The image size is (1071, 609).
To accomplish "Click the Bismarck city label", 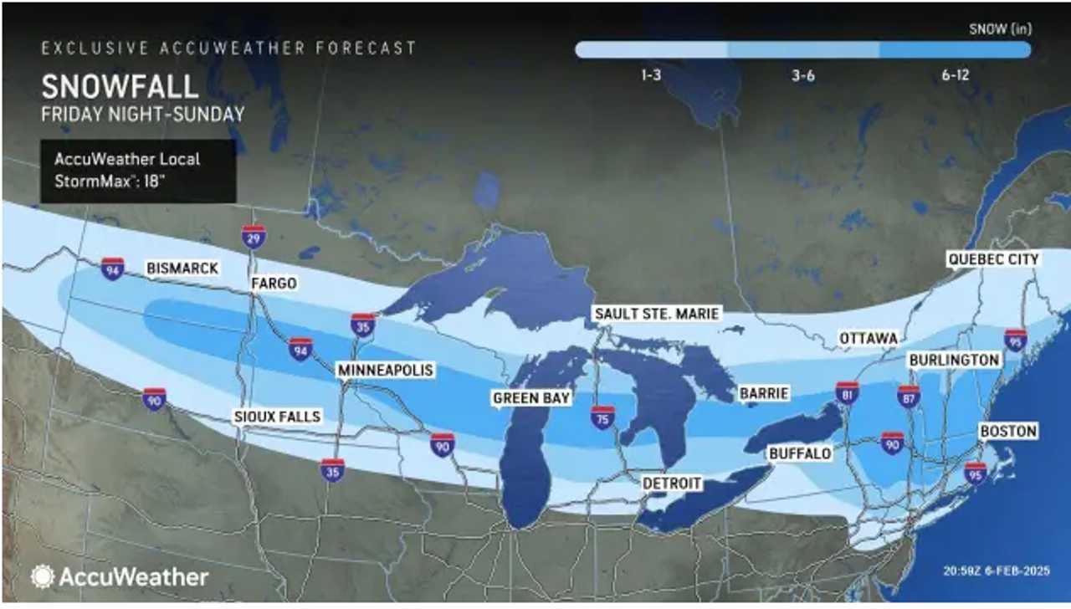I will click(182, 269).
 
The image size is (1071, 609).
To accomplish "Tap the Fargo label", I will click(274, 284).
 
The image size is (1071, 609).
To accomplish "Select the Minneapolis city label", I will click(385, 369).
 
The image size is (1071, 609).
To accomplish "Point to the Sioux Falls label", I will click(276, 417).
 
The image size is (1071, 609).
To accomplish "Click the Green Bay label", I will click(531, 398).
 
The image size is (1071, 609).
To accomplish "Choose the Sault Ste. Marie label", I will click(657, 314).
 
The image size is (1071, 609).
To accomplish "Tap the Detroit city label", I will click(671, 484).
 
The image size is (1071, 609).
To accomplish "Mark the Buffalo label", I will click(801, 453).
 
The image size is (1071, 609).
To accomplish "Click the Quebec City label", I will click(993, 259).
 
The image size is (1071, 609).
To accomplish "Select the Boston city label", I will click(1008, 432).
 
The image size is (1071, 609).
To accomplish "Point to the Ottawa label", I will click(870, 338).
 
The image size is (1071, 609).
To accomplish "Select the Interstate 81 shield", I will click(848, 392).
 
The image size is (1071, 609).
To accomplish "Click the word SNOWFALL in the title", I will click(120, 87).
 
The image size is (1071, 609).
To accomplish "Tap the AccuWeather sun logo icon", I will click(42, 576).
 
